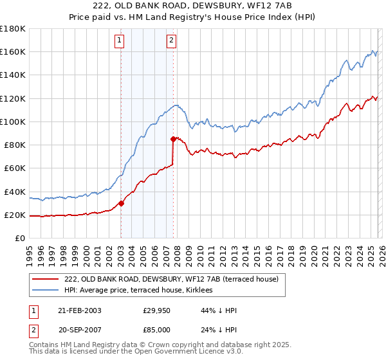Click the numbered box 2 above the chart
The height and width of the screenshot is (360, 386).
[x=172, y=40]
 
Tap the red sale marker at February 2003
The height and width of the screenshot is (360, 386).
[x=121, y=203]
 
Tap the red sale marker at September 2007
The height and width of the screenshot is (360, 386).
[x=173, y=139]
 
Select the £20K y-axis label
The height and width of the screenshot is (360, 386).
[x=15, y=215]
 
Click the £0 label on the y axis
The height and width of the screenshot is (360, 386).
[x=20, y=239]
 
